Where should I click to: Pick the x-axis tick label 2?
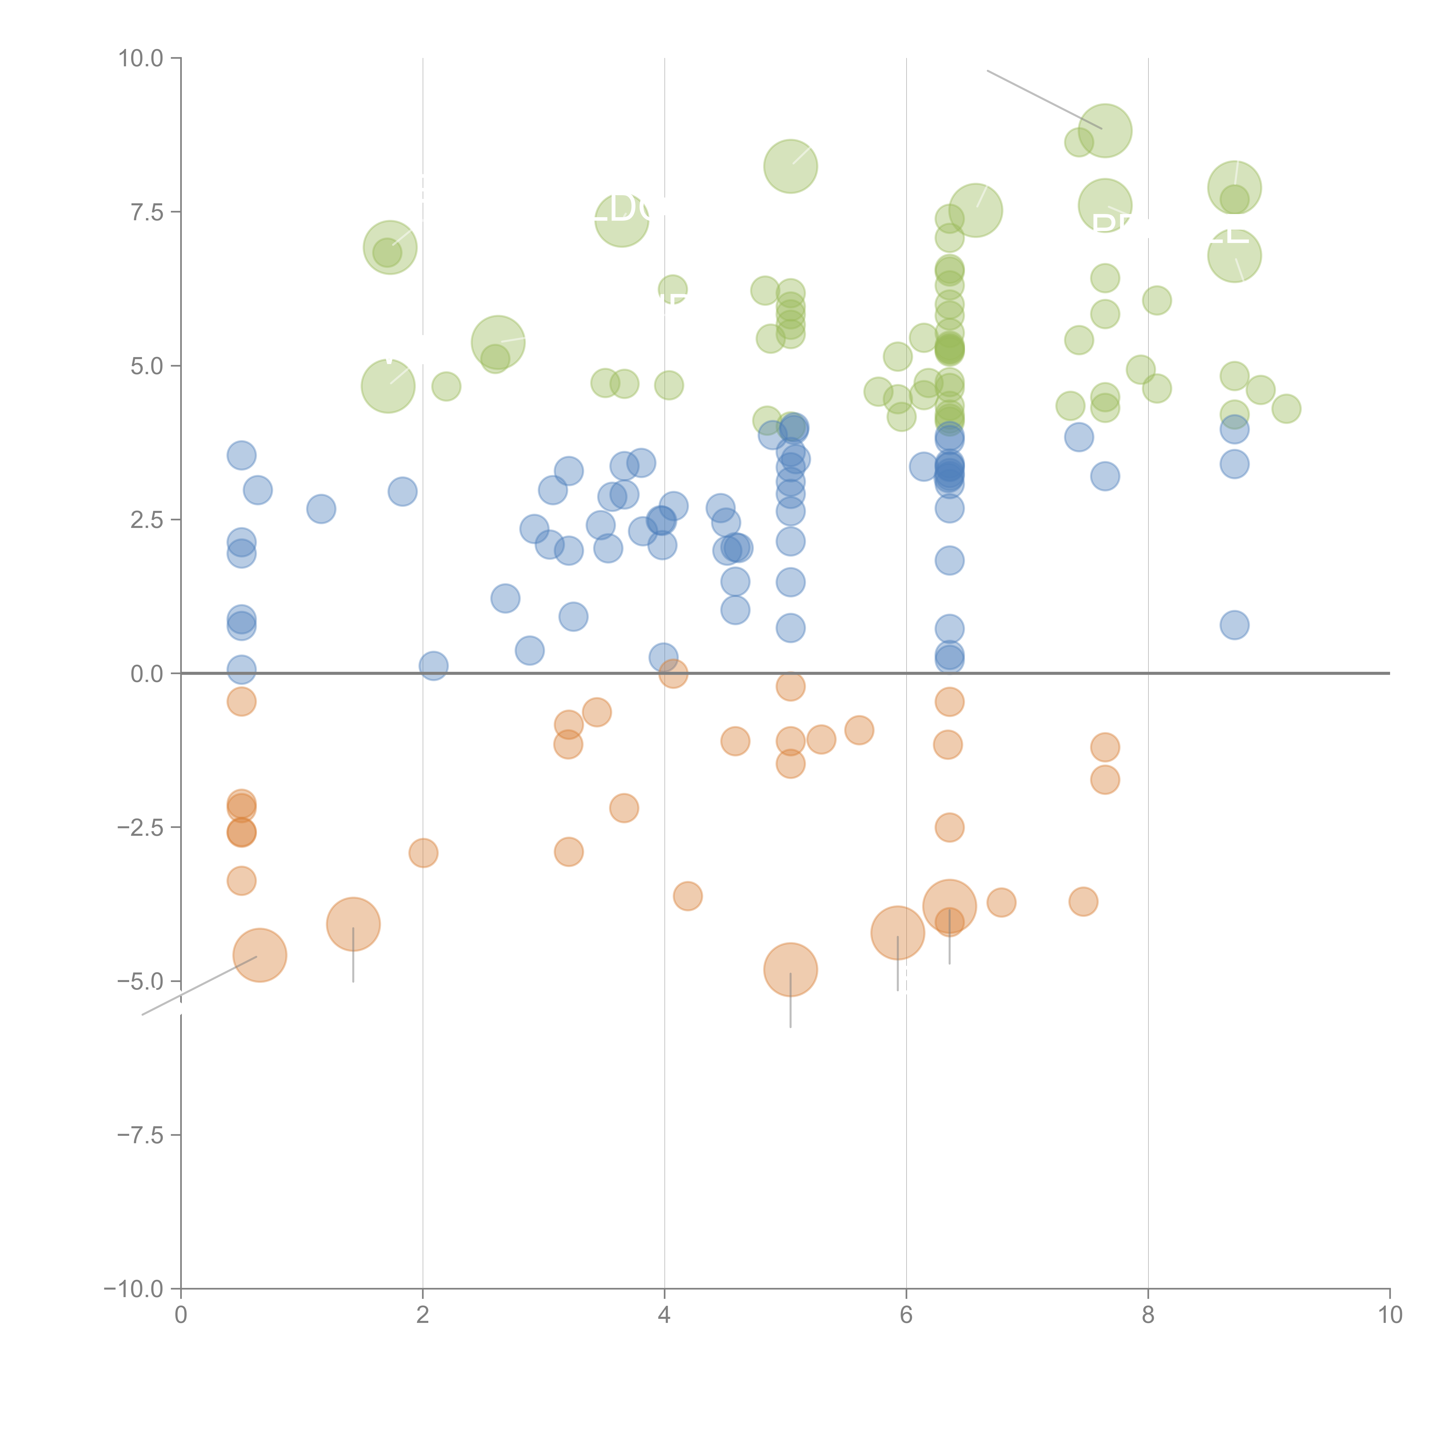click(423, 1315)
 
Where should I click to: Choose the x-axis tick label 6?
click(906, 1315)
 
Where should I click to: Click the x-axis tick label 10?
click(1390, 1315)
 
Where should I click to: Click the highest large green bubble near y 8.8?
click(1105, 130)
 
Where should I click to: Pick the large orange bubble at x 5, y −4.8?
click(790, 970)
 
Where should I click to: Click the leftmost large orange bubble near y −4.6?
click(259, 955)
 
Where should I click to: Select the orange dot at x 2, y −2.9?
click(423, 853)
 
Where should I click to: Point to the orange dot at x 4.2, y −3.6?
click(687, 896)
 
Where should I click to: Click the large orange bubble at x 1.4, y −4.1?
click(353, 924)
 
